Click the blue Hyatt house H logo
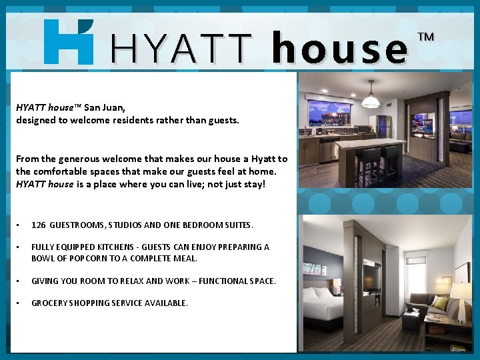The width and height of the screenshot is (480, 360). click(x=68, y=41)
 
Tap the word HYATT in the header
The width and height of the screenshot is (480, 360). click(x=182, y=49)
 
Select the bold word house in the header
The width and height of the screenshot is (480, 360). click(x=340, y=49)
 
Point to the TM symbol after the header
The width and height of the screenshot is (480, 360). click(x=425, y=37)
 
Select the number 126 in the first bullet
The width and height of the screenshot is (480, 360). click(x=39, y=225)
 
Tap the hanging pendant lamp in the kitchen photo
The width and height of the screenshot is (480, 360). click(x=371, y=98)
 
